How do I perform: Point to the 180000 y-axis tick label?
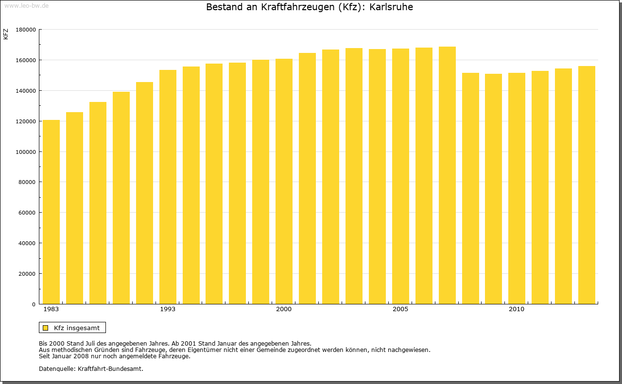(26, 30)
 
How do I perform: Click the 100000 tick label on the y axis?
(26, 152)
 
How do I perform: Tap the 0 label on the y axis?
(34, 304)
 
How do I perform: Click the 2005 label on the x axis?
(400, 309)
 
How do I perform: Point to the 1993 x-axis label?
(168, 309)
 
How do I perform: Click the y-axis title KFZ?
(6, 34)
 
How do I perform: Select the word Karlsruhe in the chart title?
(391, 7)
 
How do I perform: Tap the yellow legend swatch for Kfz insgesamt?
(46, 328)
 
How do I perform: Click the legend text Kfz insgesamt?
(77, 328)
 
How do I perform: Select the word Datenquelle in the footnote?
(56, 368)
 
